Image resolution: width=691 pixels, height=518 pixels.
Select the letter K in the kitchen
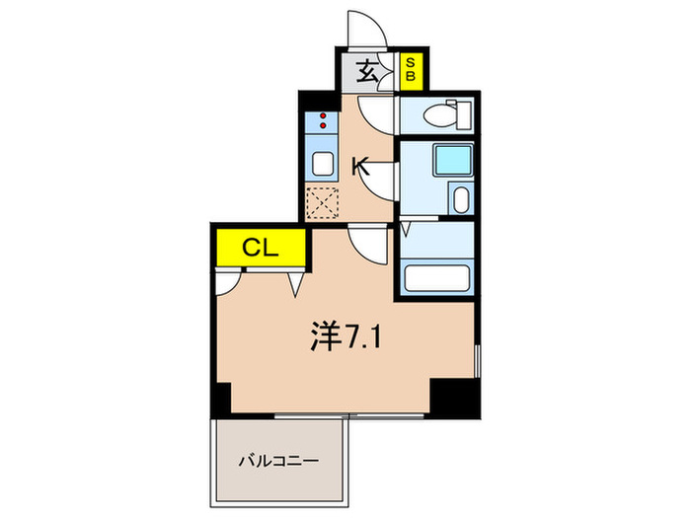pos(360,168)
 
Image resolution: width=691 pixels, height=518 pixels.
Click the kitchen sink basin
pos(323,163)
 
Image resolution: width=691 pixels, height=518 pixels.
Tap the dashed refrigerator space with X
pos(323,202)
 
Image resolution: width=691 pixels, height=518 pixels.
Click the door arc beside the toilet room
pos(377,111)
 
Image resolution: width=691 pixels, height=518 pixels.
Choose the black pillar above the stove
pos(313,100)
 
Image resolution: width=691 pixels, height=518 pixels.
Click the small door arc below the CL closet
pos(225,283)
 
